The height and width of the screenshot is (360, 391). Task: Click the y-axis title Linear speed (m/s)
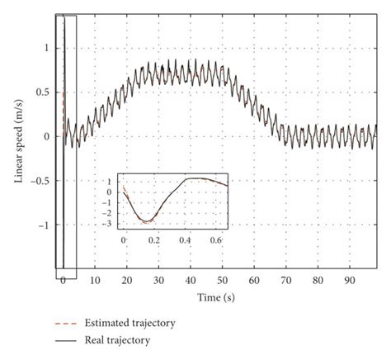(x=19, y=137)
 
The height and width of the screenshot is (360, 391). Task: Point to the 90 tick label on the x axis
(x=349, y=279)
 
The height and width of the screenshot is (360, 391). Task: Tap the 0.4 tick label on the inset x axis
(x=186, y=239)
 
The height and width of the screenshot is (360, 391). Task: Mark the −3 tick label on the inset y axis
(x=110, y=224)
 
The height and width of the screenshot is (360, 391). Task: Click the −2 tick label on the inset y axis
(x=110, y=213)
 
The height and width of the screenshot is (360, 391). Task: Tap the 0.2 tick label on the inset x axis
(x=155, y=239)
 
